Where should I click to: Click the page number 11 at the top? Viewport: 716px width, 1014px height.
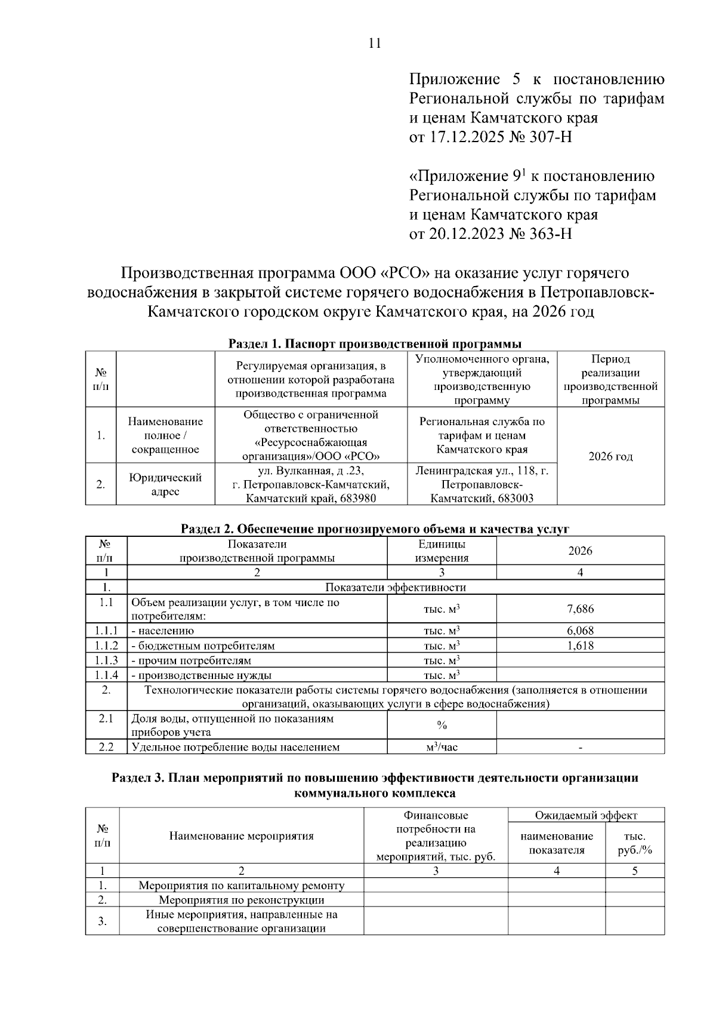click(x=375, y=44)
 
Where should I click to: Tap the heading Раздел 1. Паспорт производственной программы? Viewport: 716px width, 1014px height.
click(x=375, y=344)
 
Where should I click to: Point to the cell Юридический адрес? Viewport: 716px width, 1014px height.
click(x=165, y=484)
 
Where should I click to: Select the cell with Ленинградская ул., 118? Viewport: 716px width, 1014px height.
click(x=482, y=484)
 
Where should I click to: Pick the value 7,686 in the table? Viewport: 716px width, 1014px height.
click(x=580, y=609)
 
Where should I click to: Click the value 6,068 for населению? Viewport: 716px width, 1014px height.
click(x=580, y=631)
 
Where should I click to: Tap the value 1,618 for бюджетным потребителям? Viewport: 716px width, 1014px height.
click(x=580, y=646)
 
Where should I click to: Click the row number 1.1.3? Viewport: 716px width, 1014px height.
click(x=106, y=660)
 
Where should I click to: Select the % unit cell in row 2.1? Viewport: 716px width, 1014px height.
click(x=442, y=725)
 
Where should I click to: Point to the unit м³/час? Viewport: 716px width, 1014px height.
click(x=442, y=747)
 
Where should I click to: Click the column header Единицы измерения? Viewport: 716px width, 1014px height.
click(x=442, y=551)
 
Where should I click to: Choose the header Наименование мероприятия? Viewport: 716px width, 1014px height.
click(x=241, y=836)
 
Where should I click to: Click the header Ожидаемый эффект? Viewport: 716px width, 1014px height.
click(x=585, y=815)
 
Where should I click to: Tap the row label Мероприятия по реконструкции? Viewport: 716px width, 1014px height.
click(x=241, y=900)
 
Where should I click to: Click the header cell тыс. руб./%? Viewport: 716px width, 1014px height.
click(x=635, y=843)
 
